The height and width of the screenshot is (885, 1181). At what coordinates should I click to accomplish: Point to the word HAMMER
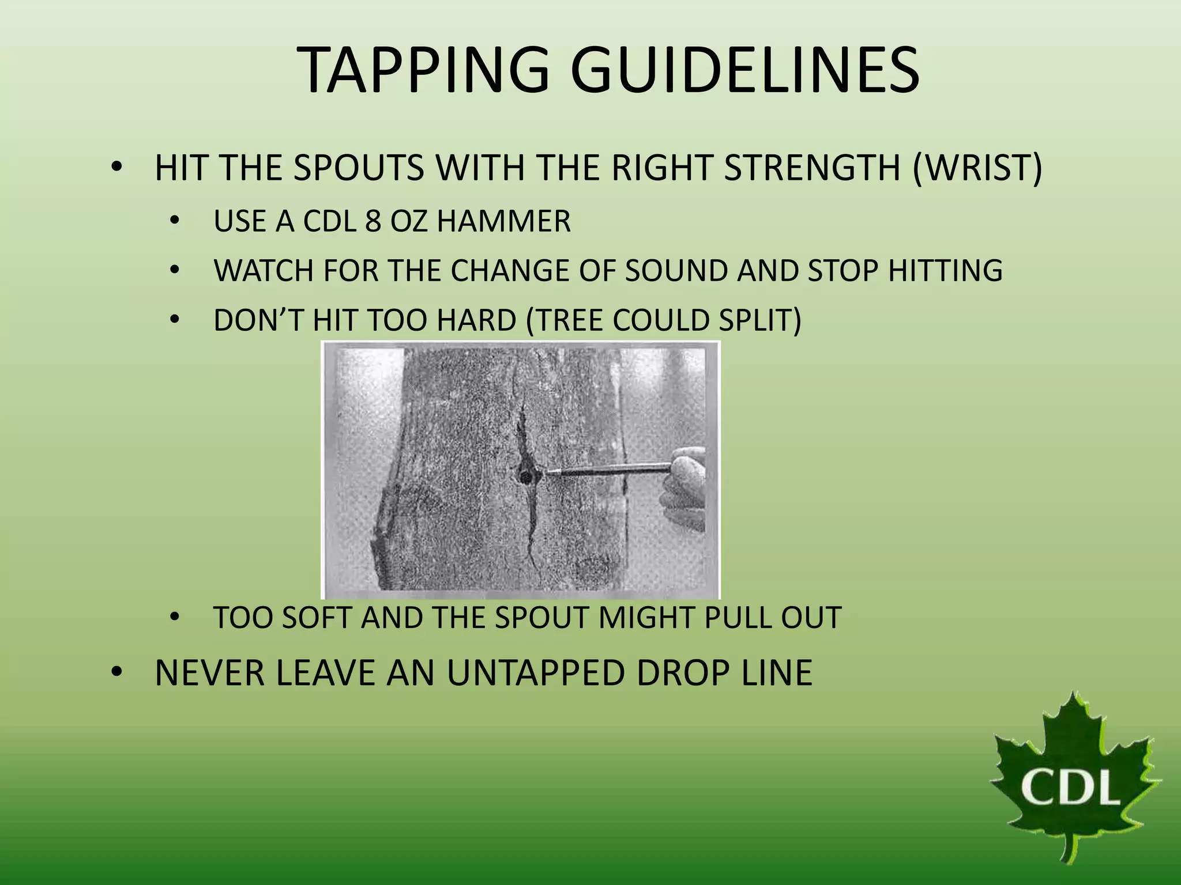tap(503, 221)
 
